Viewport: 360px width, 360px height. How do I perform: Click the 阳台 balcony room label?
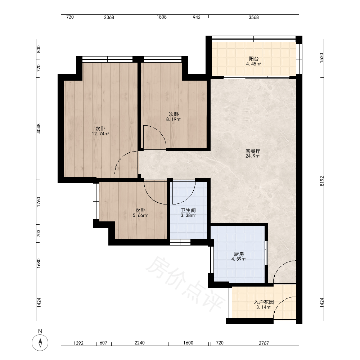tap(254, 59)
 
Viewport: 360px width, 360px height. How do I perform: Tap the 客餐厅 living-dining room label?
tap(253, 151)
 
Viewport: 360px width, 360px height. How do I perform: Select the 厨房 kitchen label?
tap(239, 254)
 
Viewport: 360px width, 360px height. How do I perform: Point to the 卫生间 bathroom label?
tap(188, 210)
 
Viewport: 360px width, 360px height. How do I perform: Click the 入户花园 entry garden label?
tap(264, 302)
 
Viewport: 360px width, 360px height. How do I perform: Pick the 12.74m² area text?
tap(100, 134)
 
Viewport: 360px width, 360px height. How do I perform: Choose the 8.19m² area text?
tap(174, 119)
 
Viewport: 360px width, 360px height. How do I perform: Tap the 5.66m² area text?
tap(140, 215)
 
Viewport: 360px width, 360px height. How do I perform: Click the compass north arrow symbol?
tap(40, 343)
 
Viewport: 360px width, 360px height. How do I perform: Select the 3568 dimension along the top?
tap(254, 17)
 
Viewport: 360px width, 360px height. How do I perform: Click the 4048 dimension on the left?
tap(39, 129)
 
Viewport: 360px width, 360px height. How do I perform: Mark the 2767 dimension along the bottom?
tap(264, 343)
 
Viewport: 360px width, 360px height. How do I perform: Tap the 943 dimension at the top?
tap(197, 17)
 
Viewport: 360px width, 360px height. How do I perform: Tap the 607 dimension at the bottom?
tap(104, 343)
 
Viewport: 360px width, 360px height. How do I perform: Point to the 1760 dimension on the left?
tap(39, 202)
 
